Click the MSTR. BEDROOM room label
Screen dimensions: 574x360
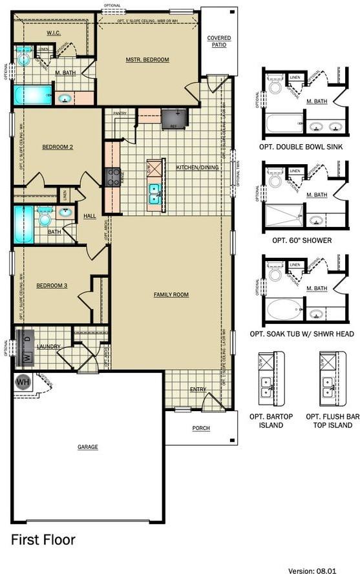147,60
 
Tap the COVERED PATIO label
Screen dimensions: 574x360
218,41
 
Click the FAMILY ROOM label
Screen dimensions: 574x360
171,295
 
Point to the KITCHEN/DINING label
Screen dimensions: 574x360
197,167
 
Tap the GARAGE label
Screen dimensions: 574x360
88,447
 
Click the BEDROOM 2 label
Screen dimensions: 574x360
58,147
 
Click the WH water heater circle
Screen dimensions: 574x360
23,381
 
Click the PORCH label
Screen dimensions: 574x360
201,428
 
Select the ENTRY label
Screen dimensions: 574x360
198,390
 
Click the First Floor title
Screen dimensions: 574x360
43,539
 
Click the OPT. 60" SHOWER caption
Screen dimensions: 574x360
302,240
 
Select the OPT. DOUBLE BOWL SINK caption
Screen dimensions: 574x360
301,147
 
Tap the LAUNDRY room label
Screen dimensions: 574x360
48,346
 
